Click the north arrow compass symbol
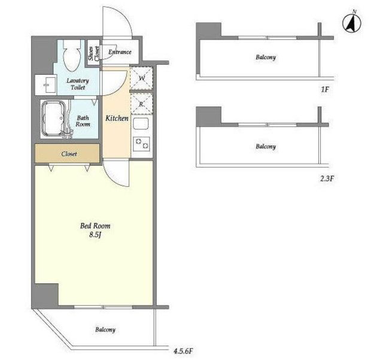tap(352, 24)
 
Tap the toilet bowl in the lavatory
tap(72, 56)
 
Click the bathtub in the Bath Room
tap(53, 119)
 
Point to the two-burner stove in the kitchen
tap(141, 144)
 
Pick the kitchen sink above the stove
tap(141, 124)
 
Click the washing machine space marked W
tap(141, 78)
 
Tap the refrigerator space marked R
tap(141, 104)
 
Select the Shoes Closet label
tap(94, 53)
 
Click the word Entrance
tap(120, 52)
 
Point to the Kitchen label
tap(117, 119)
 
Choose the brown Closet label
tap(69, 154)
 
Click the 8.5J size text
tap(95, 235)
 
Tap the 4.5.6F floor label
tap(183, 351)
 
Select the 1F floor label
tap(325, 89)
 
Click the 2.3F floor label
tap(327, 179)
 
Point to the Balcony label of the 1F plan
tap(266, 58)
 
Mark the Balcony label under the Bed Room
tap(105, 329)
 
